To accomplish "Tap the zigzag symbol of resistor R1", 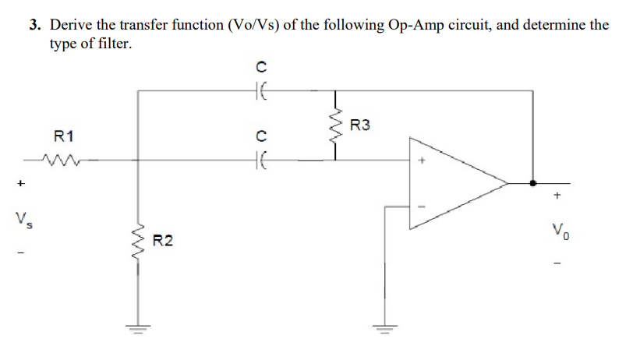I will tap(58, 161).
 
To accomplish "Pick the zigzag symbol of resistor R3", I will tap(336, 125).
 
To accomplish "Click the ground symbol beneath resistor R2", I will tap(140, 326).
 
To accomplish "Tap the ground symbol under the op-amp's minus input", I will tap(384, 326).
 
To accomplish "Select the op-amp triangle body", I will tap(452, 185).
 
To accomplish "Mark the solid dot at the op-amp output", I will tap(532, 185).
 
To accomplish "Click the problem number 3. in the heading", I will tap(35, 25).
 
